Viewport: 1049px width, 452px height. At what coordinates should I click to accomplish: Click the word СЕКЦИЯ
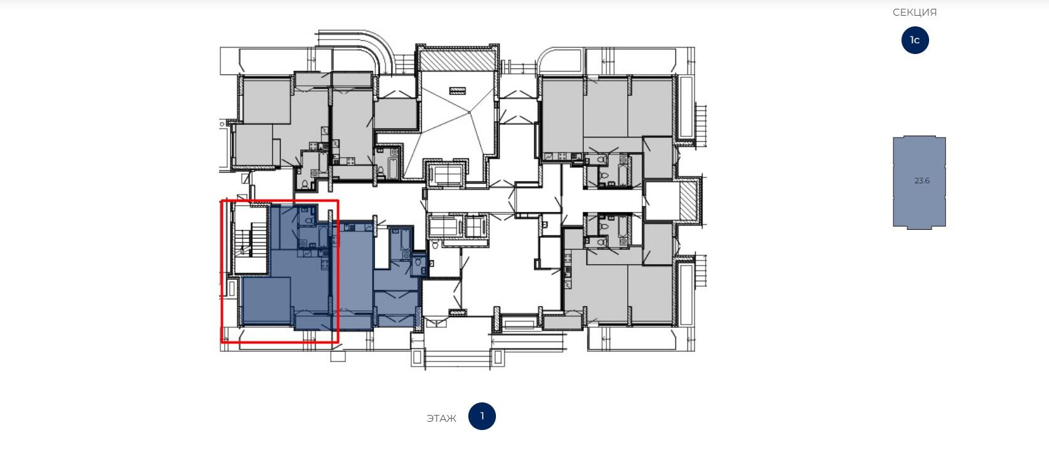(x=915, y=13)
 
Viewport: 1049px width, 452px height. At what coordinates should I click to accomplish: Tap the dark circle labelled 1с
(x=915, y=40)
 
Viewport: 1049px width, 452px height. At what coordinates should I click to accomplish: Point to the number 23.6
(x=922, y=181)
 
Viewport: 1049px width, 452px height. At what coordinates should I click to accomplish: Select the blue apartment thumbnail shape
(x=919, y=182)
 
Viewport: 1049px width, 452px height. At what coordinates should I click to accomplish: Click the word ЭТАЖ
(x=441, y=418)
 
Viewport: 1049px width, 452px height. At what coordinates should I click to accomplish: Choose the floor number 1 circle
(x=482, y=416)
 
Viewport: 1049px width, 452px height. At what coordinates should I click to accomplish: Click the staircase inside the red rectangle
(x=251, y=239)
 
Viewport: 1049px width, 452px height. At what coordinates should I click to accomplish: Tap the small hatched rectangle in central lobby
(x=458, y=91)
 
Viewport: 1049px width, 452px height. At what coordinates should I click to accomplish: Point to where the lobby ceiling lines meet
(x=469, y=112)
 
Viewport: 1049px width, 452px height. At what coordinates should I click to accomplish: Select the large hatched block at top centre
(x=457, y=61)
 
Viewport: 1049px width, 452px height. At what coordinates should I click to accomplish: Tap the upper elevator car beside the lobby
(x=445, y=175)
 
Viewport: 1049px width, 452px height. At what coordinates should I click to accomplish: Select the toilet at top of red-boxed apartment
(x=309, y=220)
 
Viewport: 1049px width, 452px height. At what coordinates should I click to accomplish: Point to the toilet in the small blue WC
(x=418, y=262)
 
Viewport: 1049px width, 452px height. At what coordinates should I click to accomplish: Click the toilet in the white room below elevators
(x=434, y=244)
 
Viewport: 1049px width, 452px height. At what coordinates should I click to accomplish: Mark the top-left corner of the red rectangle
(x=222, y=201)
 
